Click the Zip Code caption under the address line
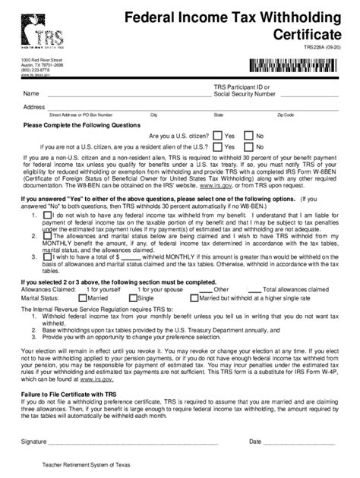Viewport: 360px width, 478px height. (x=286, y=115)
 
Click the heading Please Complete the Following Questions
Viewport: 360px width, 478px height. (x=81, y=125)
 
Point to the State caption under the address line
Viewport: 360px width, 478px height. (x=219, y=115)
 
